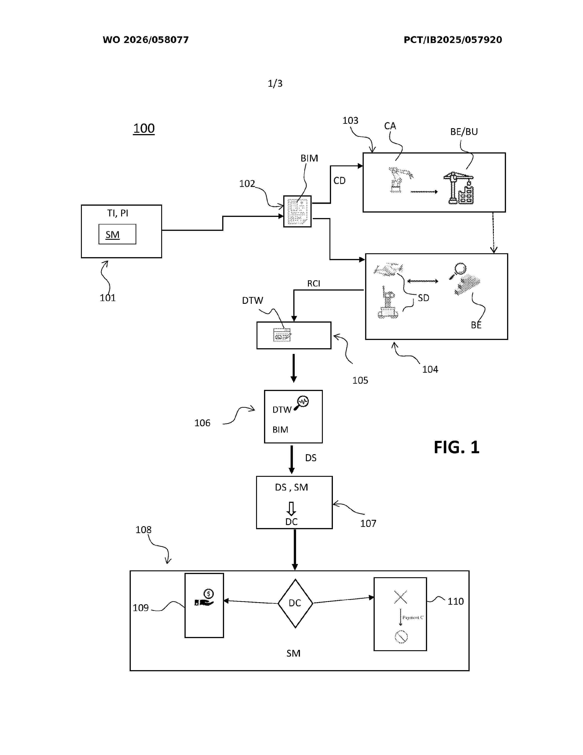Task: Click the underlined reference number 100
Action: [144, 128]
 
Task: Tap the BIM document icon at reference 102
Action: [297, 211]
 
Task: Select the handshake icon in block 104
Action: [388, 269]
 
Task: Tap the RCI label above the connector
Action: [314, 283]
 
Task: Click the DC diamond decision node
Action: [295, 603]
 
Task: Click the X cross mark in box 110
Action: [401, 597]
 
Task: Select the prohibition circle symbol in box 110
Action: [401, 636]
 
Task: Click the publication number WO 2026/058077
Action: [146, 40]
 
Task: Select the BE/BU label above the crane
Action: [464, 132]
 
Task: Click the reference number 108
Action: [143, 530]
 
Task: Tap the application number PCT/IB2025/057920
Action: [453, 40]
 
